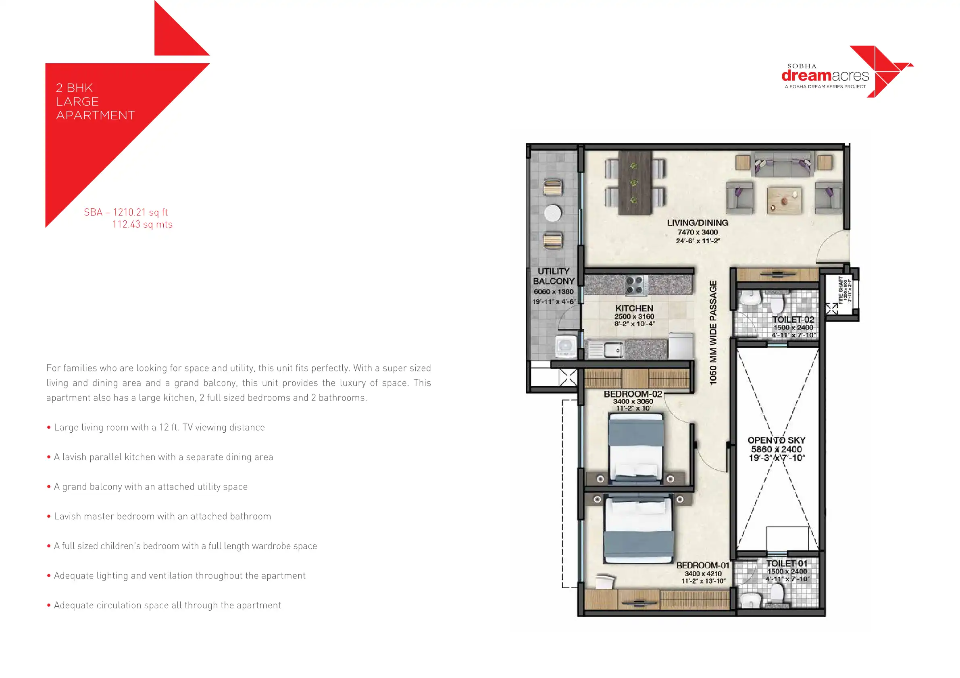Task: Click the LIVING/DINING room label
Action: (x=698, y=223)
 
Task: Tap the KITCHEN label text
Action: (x=634, y=308)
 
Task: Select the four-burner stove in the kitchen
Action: (x=634, y=286)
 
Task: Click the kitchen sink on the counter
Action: (x=613, y=349)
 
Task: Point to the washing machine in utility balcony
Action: (x=566, y=346)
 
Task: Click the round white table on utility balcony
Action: (x=553, y=213)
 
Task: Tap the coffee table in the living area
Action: (x=784, y=201)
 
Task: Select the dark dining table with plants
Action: (x=634, y=182)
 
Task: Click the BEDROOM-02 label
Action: (x=633, y=394)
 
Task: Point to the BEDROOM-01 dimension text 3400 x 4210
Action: (x=703, y=574)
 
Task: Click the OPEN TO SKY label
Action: (x=777, y=440)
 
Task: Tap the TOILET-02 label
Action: (x=793, y=319)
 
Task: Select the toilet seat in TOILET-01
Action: (x=777, y=592)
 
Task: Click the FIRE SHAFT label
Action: (x=841, y=290)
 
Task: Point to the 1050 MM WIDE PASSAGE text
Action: (x=713, y=332)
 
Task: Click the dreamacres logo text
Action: (x=825, y=76)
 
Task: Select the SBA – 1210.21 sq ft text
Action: (x=126, y=212)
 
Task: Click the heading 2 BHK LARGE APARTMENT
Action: (x=95, y=102)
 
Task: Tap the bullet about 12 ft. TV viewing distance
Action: (x=159, y=427)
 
